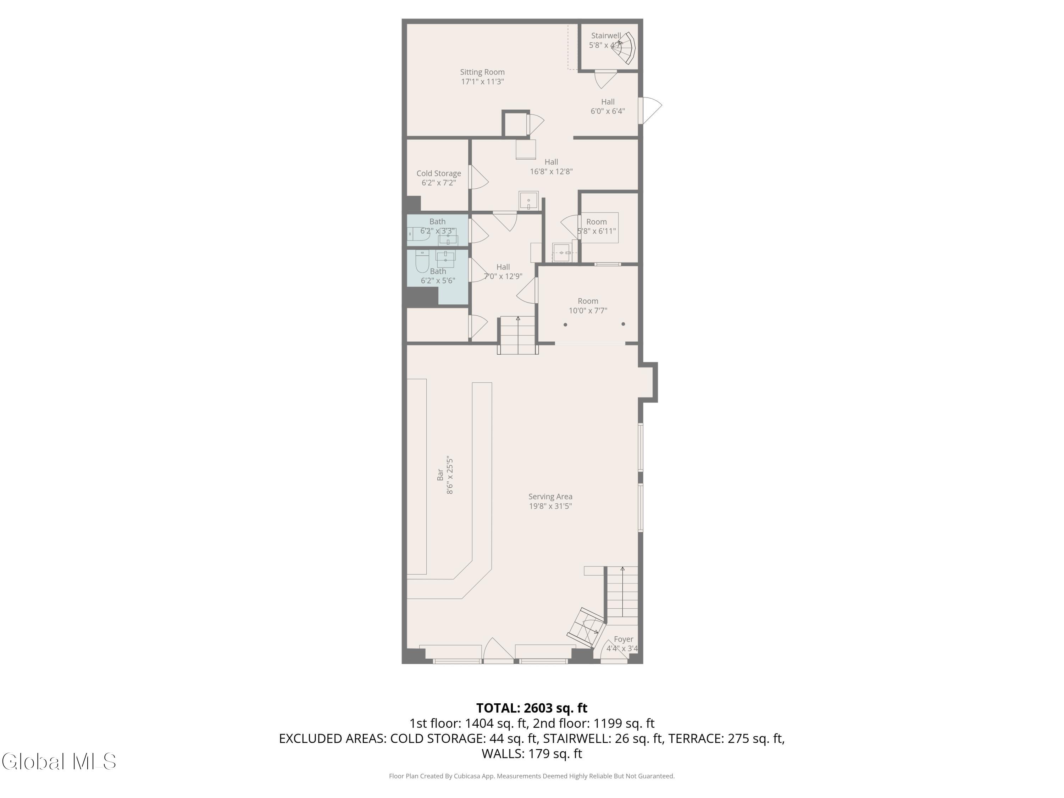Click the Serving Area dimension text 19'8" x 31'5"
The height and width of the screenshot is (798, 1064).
[x=550, y=506]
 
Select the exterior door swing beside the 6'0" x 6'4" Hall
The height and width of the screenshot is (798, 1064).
[x=650, y=110]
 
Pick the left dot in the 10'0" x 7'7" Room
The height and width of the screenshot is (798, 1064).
[x=565, y=325]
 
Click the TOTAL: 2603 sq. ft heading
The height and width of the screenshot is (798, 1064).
[x=532, y=708]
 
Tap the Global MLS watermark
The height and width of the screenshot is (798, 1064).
[x=59, y=761]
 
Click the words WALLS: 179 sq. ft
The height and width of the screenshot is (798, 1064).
[x=532, y=754]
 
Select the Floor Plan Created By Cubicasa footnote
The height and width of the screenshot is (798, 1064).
[x=532, y=776]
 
